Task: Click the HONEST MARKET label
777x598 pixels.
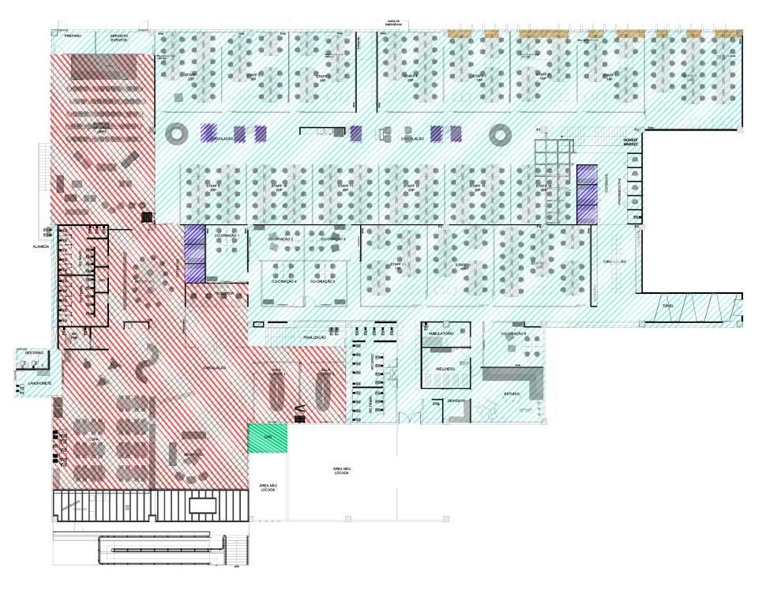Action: [x=629, y=141]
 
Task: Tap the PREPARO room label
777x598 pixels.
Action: [x=73, y=36]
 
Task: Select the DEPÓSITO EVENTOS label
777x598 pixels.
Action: [x=119, y=37]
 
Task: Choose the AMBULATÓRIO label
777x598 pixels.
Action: [x=441, y=333]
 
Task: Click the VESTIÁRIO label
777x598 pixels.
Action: [x=34, y=352]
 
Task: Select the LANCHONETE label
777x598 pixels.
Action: [x=39, y=383]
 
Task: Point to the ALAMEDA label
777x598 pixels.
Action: [x=41, y=246]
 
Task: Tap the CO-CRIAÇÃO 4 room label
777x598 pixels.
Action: [x=284, y=281]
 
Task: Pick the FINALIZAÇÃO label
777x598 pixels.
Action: [x=314, y=337]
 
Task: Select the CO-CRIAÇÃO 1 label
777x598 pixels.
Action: [x=227, y=236]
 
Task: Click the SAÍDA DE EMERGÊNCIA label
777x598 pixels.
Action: [x=394, y=24]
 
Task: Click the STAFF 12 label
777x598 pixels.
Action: [x=411, y=188]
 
